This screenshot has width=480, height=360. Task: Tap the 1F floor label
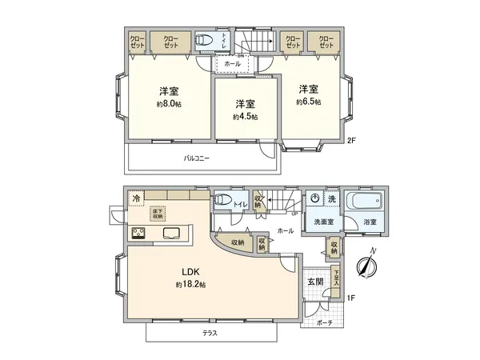350,298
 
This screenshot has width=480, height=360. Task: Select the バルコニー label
196,158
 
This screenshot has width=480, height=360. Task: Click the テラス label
210,332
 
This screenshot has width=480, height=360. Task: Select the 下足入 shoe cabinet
337,276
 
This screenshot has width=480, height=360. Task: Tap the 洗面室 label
322,222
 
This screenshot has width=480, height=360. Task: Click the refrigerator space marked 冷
136,197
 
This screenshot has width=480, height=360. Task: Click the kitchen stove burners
138,234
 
